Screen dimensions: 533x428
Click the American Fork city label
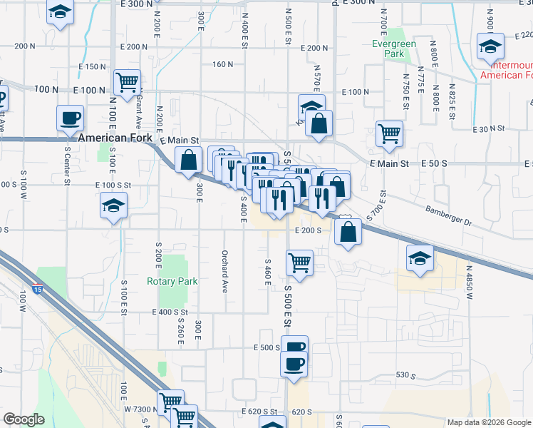click(118, 138)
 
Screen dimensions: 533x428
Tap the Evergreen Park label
click(394, 49)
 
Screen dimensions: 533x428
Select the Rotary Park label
click(172, 281)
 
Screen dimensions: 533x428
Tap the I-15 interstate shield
click(37, 290)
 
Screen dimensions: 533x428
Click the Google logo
click(24, 419)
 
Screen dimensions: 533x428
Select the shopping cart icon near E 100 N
click(127, 82)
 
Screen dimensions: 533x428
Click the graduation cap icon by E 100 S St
click(113, 207)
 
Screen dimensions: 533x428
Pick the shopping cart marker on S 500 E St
click(300, 263)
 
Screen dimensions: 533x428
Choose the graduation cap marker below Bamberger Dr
click(420, 259)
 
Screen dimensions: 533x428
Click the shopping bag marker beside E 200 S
click(347, 232)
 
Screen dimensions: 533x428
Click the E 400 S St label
click(170, 312)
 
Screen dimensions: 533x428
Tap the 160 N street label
click(223, 64)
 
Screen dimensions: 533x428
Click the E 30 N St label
click(489, 129)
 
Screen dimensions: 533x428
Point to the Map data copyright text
click(488, 422)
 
